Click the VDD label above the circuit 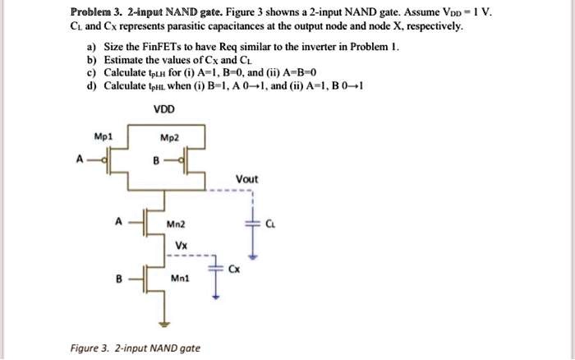163,109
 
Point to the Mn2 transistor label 176,223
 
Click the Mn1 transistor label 177,279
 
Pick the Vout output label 247,179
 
